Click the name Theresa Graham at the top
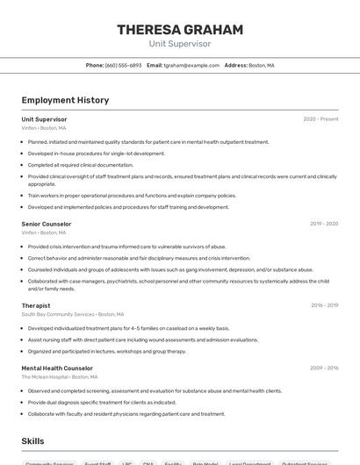[180, 30]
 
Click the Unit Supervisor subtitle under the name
[180, 44]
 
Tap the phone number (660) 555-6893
[123, 66]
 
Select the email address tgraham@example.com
[191, 66]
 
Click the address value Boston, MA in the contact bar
[262, 66]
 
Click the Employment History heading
[65, 100]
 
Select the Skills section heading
[32, 441]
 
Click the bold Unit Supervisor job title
[44, 119]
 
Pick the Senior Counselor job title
[47, 224]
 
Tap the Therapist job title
[36, 305]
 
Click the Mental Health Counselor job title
[57, 368]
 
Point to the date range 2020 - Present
[320, 119]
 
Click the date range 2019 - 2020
[324, 224]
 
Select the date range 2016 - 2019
[324, 305]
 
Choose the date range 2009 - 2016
[324, 368]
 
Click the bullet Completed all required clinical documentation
[81, 164]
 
